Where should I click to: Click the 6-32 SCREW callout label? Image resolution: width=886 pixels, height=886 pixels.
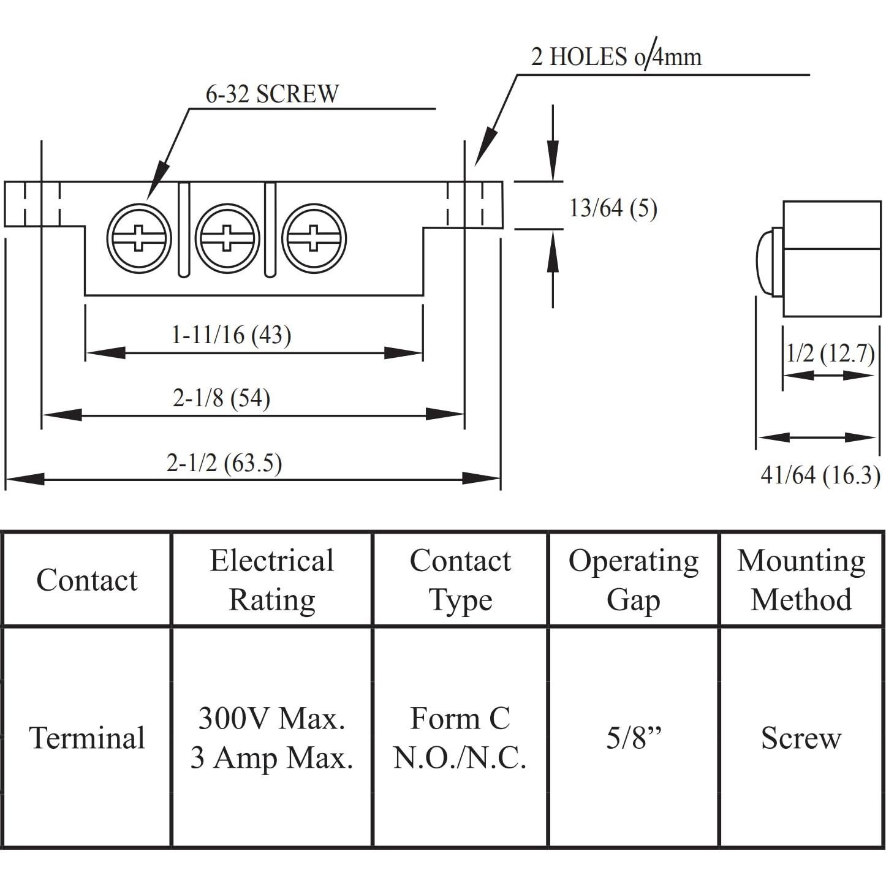(271, 94)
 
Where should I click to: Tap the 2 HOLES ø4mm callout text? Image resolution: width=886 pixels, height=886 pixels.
(615, 57)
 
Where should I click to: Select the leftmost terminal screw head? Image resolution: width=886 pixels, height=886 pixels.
(139, 238)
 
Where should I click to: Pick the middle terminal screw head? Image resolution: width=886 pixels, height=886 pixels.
(227, 238)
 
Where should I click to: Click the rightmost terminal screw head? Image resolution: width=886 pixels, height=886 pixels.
(314, 238)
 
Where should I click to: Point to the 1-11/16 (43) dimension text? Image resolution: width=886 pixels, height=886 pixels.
(231, 335)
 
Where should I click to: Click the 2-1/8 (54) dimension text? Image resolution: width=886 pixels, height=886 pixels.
(221, 398)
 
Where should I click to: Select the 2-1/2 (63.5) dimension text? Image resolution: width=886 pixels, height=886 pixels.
(224, 463)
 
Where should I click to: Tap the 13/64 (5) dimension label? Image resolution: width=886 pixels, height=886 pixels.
(613, 208)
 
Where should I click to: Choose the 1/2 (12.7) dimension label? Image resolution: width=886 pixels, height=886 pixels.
(830, 354)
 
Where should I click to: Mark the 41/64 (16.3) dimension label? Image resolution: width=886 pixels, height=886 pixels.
(820, 475)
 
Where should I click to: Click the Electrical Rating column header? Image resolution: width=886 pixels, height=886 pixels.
(271, 580)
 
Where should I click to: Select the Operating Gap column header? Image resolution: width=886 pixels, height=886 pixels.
(633, 580)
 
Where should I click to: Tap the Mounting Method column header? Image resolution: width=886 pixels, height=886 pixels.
(801, 580)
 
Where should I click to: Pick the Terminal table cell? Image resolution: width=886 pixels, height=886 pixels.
(86, 738)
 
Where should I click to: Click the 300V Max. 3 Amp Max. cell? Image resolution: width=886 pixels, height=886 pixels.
(271, 738)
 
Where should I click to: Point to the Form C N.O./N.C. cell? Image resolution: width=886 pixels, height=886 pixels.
(460, 738)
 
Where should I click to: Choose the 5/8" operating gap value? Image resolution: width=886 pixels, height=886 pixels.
(634, 738)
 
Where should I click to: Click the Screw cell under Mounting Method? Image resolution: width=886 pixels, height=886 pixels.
(801, 738)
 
